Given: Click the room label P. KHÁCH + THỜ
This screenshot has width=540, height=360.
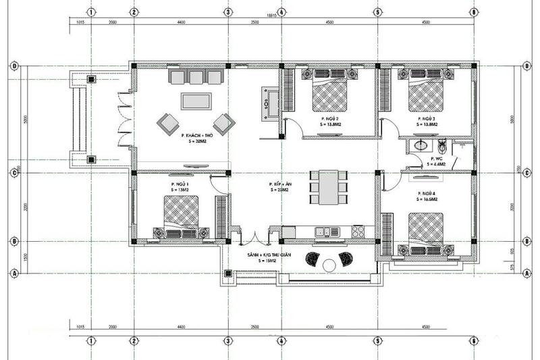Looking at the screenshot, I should [196, 136].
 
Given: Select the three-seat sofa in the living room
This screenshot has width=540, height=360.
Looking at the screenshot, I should [196, 76].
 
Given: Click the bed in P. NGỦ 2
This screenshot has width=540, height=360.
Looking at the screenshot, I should [331, 93].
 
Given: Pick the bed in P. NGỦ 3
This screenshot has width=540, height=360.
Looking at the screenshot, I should [427, 93].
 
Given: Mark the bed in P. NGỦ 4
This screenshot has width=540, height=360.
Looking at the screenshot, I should [425, 230].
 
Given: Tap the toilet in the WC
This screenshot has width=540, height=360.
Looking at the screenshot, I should [442, 147].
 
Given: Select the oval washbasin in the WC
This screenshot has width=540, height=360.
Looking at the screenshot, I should [420, 145].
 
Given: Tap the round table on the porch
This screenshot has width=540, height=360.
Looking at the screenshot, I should [329, 263].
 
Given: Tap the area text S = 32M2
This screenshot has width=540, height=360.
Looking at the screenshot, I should [195, 143].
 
